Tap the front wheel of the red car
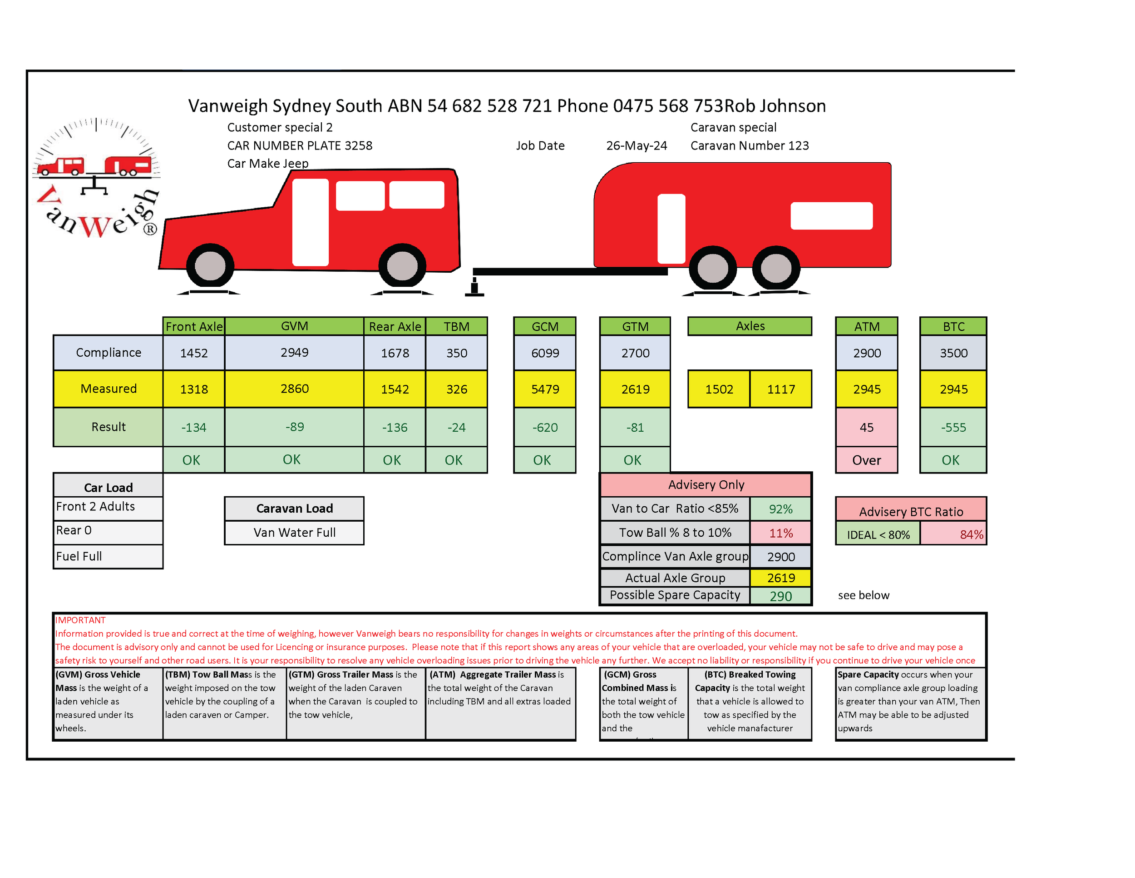pyautogui.click(x=210, y=266)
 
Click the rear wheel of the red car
pyautogui.click(x=402, y=266)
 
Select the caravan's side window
pyautogui.click(x=831, y=215)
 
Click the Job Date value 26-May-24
pyautogui.click(x=636, y=145)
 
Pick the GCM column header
pyautogui.click(x=545, y=326)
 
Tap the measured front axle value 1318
pyautogui.click(x=194, y=389)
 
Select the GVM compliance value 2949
pyautogui.click(x=294, y=353)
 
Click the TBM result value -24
pyautogui.click(x=456, y=428)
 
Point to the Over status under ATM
pyautogui.click(x=866, y=460)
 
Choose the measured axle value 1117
pyautogui.click(x=780, y=389)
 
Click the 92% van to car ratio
pyautogui.click(x=780, y=509)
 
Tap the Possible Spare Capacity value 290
pyautogui.click(x=780, y=596)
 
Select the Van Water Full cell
pyautogui.click(x=294, y=533)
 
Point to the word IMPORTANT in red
pyautogui.click(x=80, y=620)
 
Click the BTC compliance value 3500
pyautogui.click(x=953, y=353)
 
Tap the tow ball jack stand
pyautogui.click(x=474, y=288)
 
